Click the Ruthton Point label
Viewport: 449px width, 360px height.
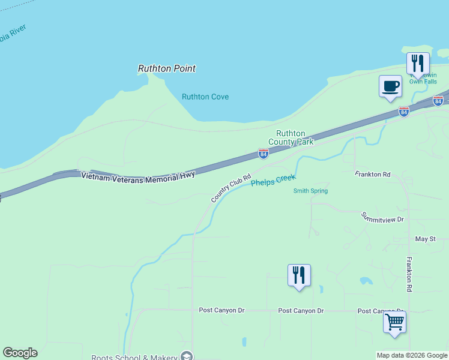pyautogui.click(x=167, y=68)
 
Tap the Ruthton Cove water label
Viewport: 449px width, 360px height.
pyautogui.click(x=205, y=97)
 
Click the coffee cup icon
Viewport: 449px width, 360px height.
pyautogui.click(x=390, y=86)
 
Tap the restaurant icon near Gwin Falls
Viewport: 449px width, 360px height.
pyautogui.click(x=417, y=64)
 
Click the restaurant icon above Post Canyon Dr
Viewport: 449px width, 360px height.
pyautogui.click(x=299, y=275)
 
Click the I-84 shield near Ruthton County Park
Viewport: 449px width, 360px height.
pyautogui.click(x=263, y=154)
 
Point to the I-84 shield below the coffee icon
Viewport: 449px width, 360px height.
pyautogui.click(x=403, y=112)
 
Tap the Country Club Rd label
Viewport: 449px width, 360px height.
pyautogui.click(x=231, y=188)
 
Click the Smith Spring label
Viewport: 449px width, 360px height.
pyautogui.click(x=310, y=191)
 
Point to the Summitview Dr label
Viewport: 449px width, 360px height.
pyautogui.click(x=382, y=217)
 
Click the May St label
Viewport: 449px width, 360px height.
pyautogui.click(x=425, y=239)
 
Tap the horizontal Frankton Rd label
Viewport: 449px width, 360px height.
pyautogui.click(x=372, y=175)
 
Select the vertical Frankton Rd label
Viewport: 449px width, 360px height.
pyautogui.click(x=409, y=274)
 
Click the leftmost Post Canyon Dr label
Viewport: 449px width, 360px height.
pyautogui.click(x=221, y=310)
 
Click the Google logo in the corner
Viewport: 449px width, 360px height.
pyautogui.click(x=20, y=353)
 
